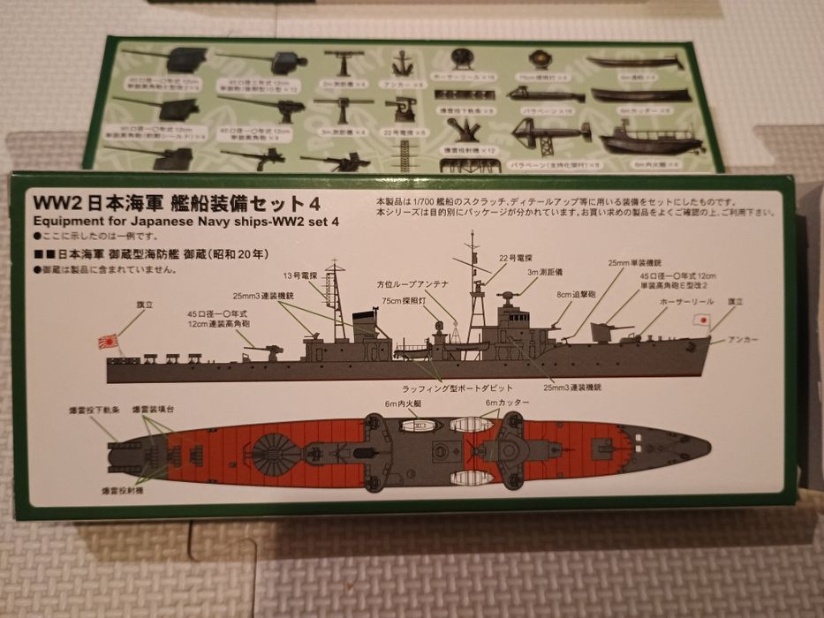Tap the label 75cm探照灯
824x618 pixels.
pos(424,301)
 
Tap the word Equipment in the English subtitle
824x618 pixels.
pos(64,221)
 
